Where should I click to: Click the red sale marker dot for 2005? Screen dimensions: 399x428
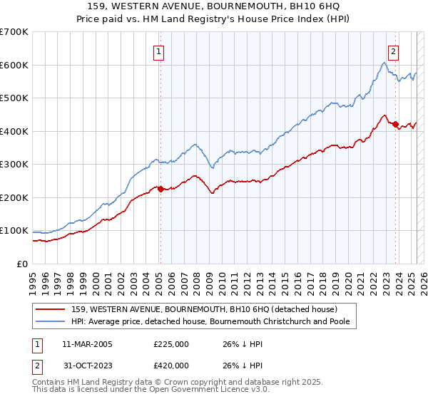coord(160,189)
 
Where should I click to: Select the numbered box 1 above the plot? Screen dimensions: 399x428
coord(158,51)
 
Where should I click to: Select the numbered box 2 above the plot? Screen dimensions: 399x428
coord(393,51)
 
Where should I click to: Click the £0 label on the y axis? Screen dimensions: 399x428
coord(21,264)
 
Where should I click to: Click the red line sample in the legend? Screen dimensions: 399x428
coord(51,309)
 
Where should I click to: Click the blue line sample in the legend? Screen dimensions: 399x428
coord(51,322)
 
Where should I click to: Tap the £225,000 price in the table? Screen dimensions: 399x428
coord(171,344)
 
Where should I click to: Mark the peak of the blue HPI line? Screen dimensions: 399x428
coord(384,63)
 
